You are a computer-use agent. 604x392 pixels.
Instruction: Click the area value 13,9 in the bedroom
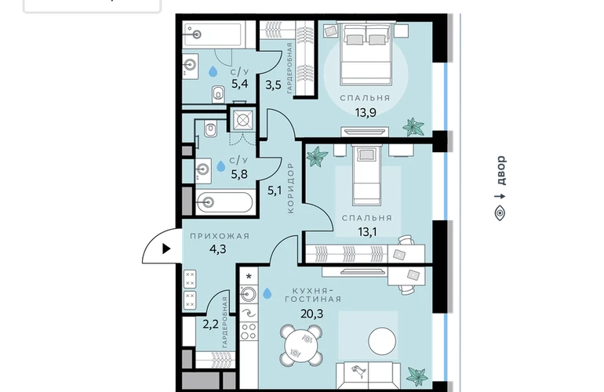[366, 112]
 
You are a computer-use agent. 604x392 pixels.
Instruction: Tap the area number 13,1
[367, 232]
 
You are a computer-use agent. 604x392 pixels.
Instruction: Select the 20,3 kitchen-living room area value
[311, 314]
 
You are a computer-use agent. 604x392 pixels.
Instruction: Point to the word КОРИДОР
[290, 187]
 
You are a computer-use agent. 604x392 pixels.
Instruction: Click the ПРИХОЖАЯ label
[220, 236]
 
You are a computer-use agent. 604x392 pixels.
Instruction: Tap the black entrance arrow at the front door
[166, 249]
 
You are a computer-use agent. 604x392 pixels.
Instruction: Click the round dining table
[301, 346]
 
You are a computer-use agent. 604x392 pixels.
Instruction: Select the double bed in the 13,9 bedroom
[366, 53]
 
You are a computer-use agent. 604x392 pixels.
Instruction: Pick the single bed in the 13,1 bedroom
[366, 175]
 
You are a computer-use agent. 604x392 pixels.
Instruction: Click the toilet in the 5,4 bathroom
[218, 94]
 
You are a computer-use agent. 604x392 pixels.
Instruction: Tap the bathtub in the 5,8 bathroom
[224, 202]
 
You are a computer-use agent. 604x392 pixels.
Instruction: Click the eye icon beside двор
[500, 212]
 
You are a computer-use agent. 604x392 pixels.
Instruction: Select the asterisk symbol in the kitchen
[249, 277]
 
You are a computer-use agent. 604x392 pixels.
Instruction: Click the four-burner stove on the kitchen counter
[249, 332]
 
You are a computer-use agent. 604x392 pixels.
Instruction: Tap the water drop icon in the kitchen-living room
[267, 293]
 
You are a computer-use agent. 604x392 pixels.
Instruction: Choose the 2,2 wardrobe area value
[210, 325]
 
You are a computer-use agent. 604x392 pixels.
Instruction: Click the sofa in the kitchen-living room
[368, 375]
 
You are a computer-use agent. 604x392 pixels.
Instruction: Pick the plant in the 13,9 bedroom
[413, 127]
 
